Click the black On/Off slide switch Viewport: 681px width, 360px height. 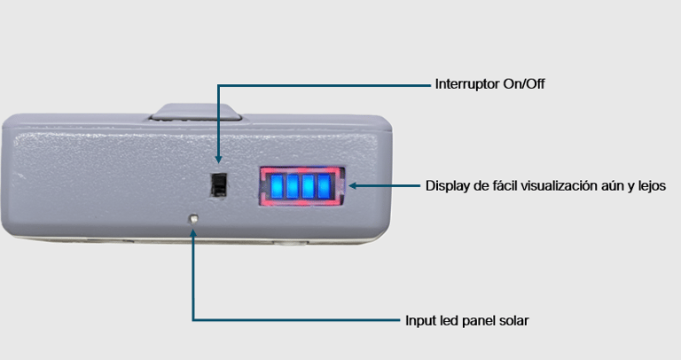coord(218,184)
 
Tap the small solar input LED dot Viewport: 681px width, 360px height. coord(193,218)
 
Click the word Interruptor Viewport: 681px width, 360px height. coord(467,84)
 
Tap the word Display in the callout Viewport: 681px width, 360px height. coord(448,185)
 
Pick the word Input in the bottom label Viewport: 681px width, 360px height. coord(422,320)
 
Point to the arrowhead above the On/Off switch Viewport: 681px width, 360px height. coord(218,160)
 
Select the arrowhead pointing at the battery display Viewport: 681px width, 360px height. coord(353,186)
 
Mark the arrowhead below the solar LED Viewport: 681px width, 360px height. coord(193,232)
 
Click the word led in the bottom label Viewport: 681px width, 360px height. coord(451,320)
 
